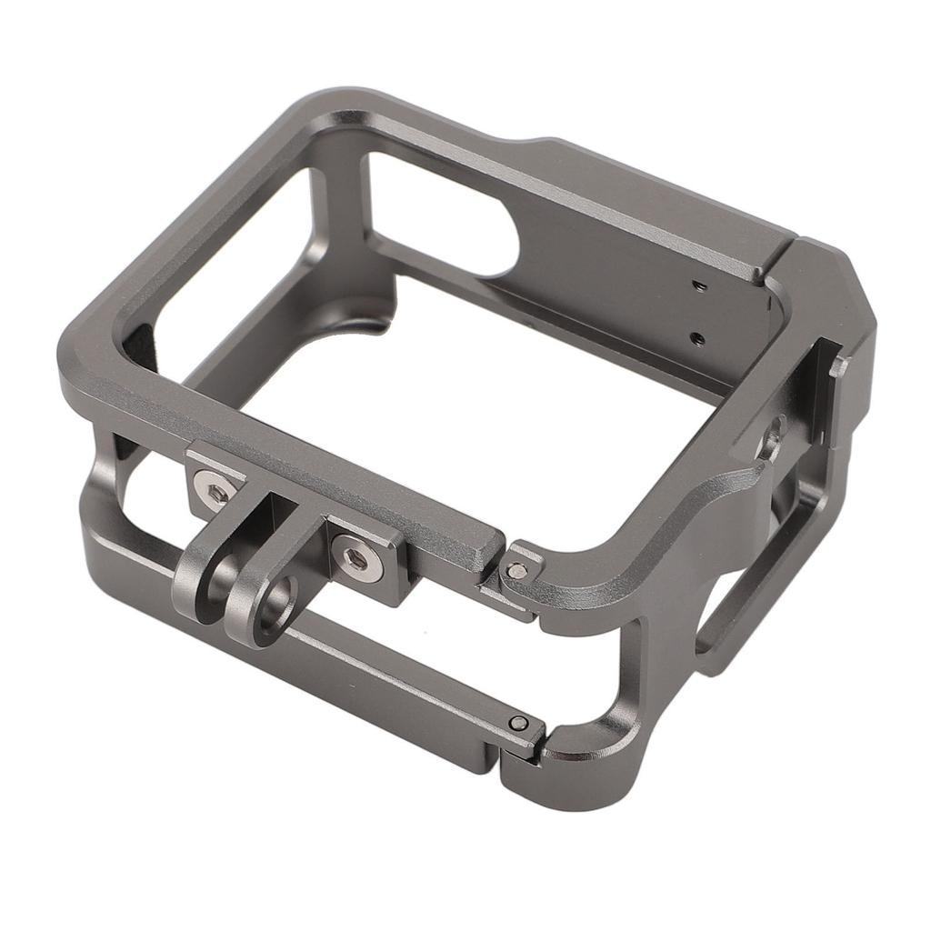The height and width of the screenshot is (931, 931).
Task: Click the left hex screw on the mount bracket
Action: (215, 494)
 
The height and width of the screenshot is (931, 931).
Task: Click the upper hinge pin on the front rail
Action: (516, 570)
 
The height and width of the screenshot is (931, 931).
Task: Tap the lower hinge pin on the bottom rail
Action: (518, 723)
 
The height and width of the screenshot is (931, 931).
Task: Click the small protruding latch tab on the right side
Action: (839, 365)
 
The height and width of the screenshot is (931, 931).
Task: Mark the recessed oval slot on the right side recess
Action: (775, 432)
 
